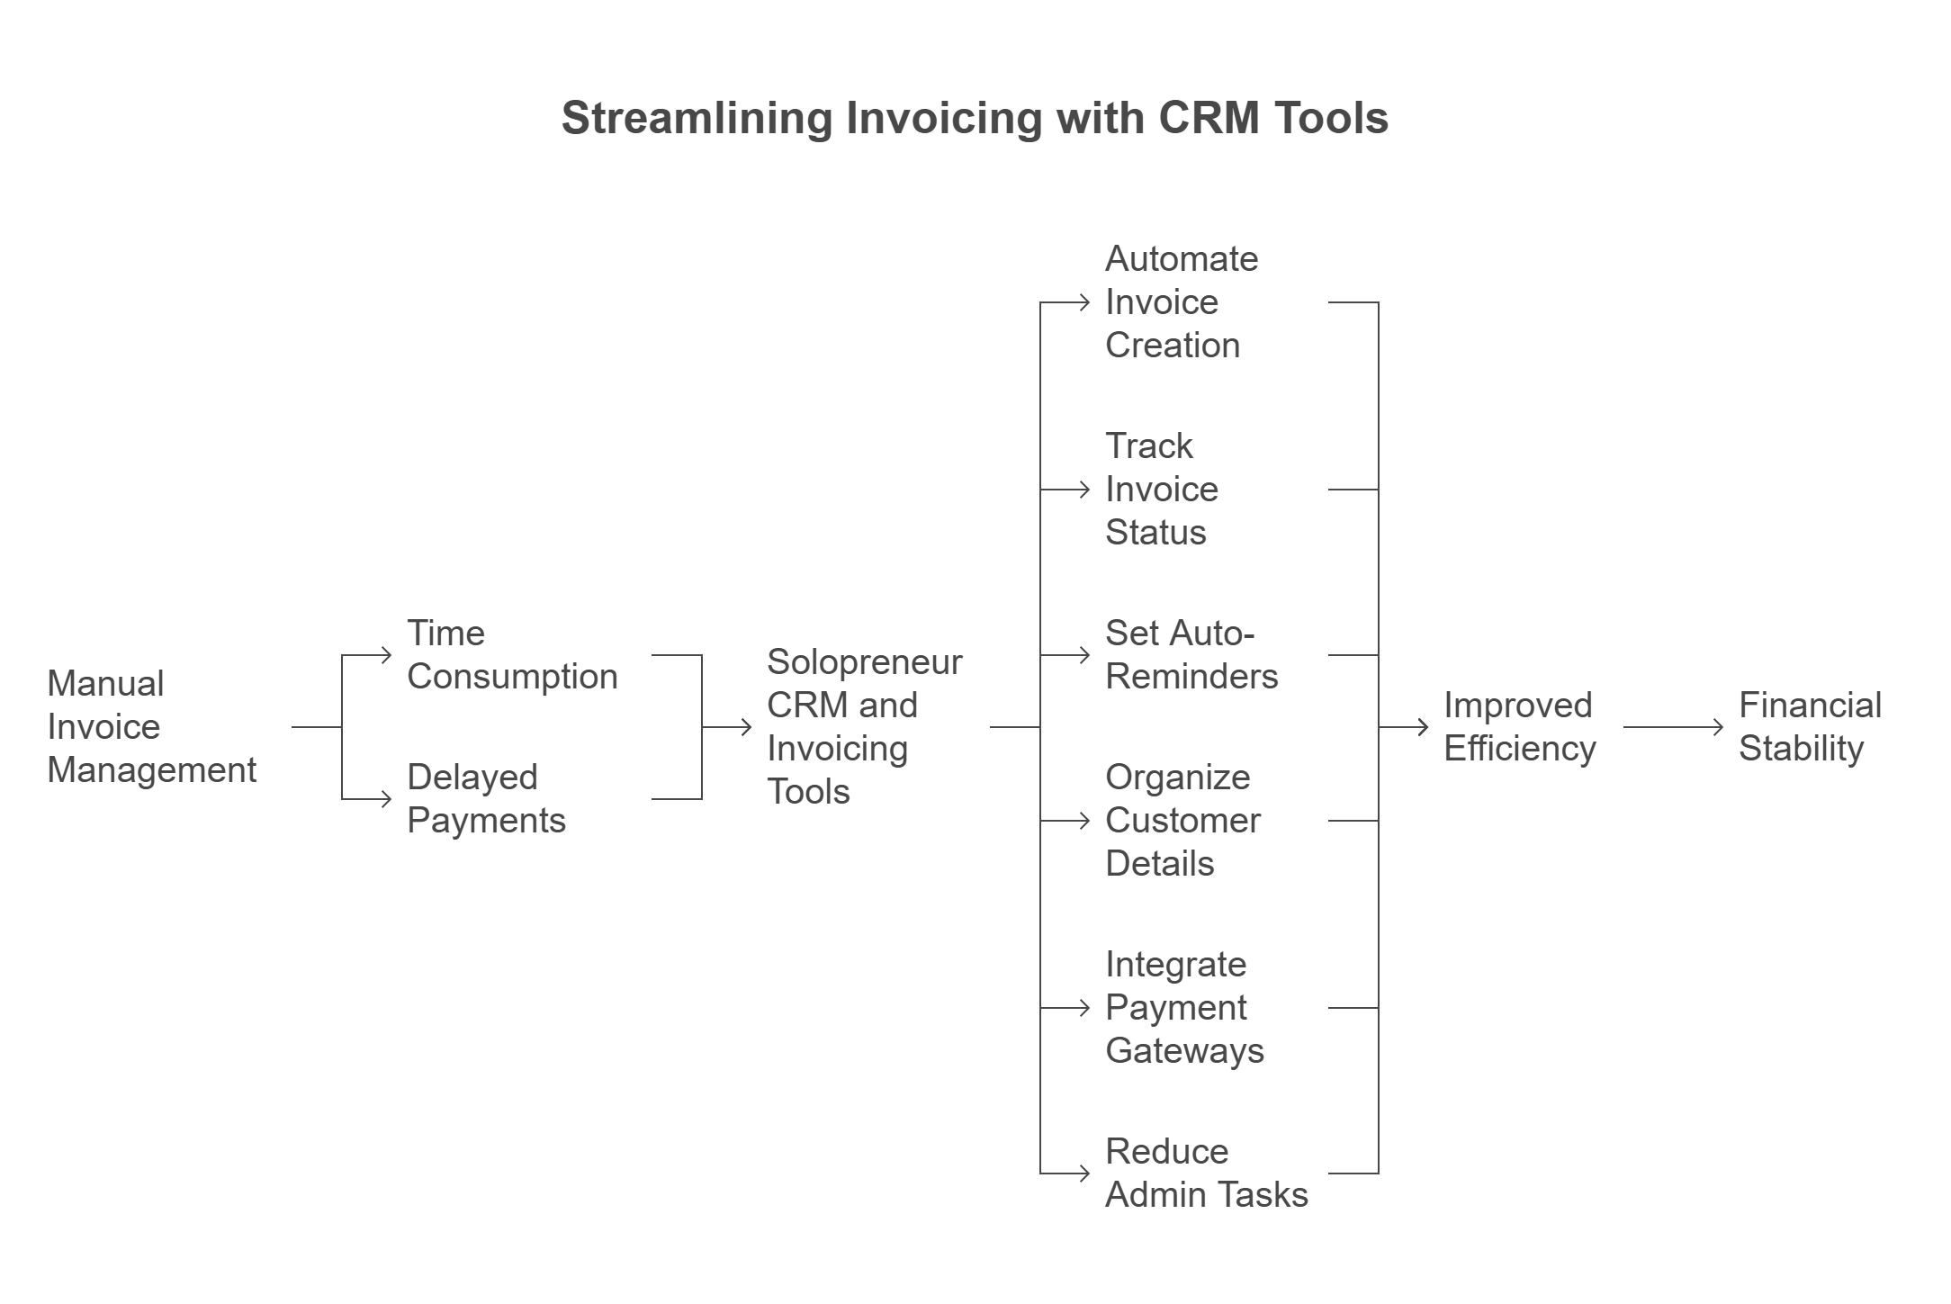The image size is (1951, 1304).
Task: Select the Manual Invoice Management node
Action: pos(151,727)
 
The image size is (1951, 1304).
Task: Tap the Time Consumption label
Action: pos(512,655)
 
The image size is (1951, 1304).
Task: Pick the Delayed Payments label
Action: pos(486,799)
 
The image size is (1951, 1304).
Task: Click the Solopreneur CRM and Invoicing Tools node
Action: pos(864,727)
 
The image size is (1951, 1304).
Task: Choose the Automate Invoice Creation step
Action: pos(1182,302)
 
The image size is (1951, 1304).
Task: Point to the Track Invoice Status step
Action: pos(1162,490)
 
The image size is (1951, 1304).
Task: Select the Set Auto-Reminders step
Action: pos(1191,655)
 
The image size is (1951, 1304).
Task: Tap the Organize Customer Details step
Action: pos(1182,821)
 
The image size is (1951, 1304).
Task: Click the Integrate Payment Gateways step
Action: pos(1184,1008)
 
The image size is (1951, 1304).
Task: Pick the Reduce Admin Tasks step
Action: pos(1206,1174)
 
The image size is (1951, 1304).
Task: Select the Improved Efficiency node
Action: pos(1520,727)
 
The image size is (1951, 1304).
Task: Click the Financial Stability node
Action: pos(1810,727)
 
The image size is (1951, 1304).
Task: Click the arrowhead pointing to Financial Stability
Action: pos(1719,727)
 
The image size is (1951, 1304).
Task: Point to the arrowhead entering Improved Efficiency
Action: pos(1424,727)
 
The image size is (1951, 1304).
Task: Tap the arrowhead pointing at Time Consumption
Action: pos(387,655)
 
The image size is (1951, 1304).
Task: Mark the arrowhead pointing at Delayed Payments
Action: pos(387,799)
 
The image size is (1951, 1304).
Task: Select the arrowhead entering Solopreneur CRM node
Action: pos(747,727)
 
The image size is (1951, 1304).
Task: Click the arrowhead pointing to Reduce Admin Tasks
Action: pos(1085,1174)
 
